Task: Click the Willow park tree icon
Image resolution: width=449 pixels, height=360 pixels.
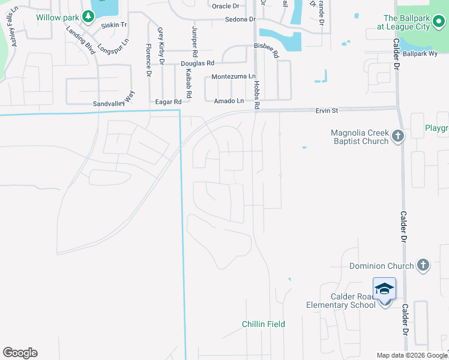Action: click(x=89, y=17)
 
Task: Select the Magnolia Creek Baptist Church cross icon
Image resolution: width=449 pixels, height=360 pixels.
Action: click(x=397, y=137)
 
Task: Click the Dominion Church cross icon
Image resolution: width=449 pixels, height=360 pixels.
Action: click(x=423, y=265)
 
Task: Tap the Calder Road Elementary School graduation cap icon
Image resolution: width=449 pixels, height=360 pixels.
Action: click(x=384, y=290)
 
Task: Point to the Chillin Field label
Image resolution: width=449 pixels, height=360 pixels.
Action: click(x=264, y=324)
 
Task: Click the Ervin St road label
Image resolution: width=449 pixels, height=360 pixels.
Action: click(x=327, y=110)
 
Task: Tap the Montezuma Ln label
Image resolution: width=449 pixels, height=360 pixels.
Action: click(x=234, y=77)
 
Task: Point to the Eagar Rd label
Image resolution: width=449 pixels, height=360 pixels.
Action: click(x=168, y=102)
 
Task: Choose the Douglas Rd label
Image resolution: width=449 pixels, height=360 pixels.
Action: click(x=197, y=63)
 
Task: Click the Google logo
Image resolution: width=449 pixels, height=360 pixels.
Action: click(x=20, y=353)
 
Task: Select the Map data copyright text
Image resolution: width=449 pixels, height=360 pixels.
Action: click(x=412, y=355)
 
